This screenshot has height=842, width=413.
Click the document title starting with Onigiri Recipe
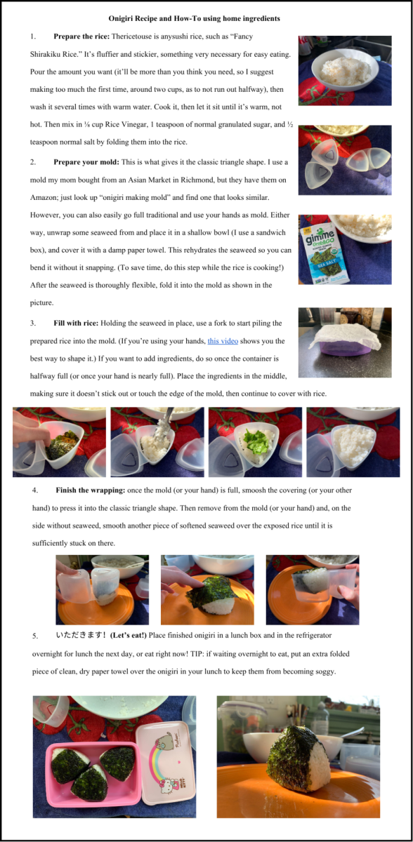click(x=194, y=18)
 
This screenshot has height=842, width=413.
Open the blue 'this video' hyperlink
click(x=223, y=341)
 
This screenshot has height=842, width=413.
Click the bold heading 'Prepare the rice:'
click(x=81, y=36)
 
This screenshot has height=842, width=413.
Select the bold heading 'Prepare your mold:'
click(x=86, y=162)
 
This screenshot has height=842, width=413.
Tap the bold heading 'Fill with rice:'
click(x=76, y=323)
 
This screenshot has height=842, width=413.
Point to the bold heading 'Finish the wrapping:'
click(x=91, y=490)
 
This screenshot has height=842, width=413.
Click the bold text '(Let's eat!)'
click(x=129, y=635)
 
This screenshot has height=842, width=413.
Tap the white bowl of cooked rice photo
click(x=345, y=71)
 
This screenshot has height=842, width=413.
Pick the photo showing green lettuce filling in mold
click(x=255, y=442)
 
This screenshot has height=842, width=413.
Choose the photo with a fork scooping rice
click(x=157, y=442)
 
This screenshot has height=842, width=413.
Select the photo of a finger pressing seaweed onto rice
click(x=207, y=590)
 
